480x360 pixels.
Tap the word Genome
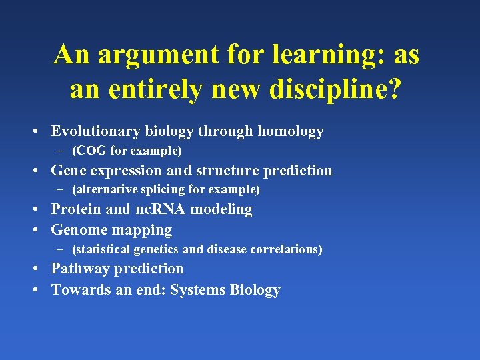coord(78,231)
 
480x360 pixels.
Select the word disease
coord(227,249)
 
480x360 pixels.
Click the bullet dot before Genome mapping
coord(41,231)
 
